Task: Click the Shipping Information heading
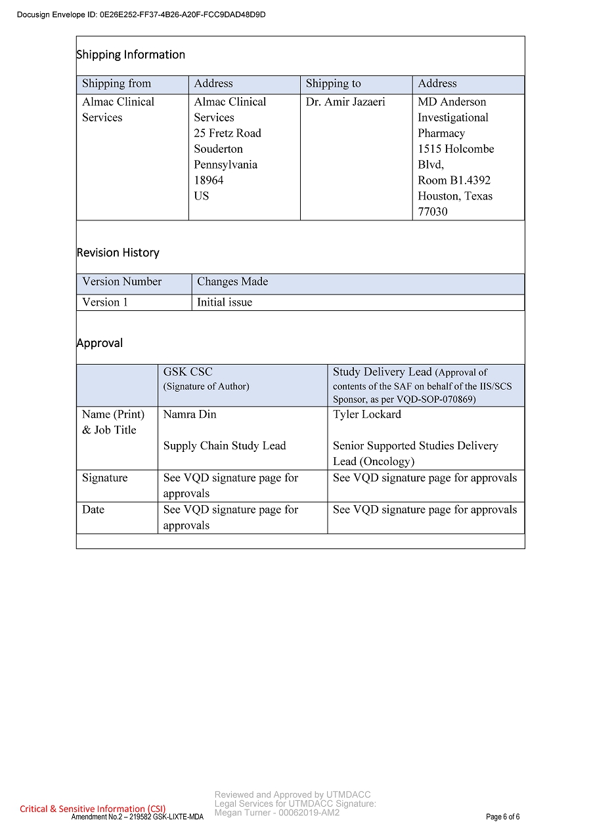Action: point(131,55)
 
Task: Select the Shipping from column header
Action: point(116,84)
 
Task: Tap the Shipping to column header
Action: point(333,84)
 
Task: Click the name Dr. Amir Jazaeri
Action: point(345,102)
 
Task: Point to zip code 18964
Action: point(209,180)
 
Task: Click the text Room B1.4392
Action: point(454,180)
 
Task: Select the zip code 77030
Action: point(433,212)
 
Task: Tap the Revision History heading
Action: point(118,253)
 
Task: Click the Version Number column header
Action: point(121,282)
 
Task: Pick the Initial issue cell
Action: point(225,302)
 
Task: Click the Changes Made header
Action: point(232,282)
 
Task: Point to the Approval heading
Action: point(100,343)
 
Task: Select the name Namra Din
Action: point(190,415)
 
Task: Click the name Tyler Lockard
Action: point(366,415)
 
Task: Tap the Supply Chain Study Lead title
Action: point(225,446)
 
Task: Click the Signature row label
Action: point(105,478)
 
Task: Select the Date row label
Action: point(93,510)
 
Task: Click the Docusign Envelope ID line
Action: point(141,14)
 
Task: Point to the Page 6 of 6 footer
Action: point(502,817)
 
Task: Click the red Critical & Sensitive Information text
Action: point(93,809)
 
